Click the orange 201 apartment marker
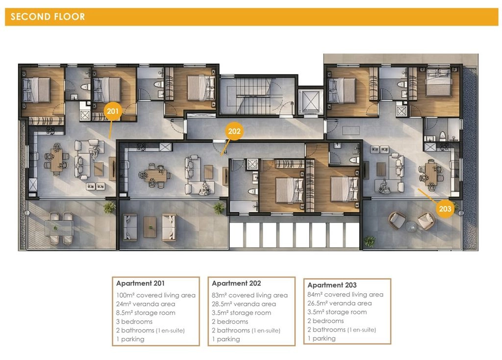click(x=113, y=111)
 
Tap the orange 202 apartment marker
click(x=234, y=131)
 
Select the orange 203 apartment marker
click(x=445, y=209)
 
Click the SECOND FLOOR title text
click(x=48, y=17)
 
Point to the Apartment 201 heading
click(x=140, y=283)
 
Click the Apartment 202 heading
click(x=236, y=283)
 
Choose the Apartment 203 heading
click(x=332, y=285)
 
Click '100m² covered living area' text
click(x=155, y=295)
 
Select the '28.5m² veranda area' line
click(x=244, y=304)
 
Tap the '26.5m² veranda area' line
click(x=340, y=303)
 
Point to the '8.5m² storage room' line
click(x=146, y=312)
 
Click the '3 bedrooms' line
click(x=134, y=321)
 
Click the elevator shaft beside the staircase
click(x=310, y=102)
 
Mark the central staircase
click(x=257, y=96)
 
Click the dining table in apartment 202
click(x=155, y=176)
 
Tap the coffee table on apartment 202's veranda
click(x=150, y=227)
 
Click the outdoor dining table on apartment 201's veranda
click(x=59, y=228)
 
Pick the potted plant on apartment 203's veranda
click(x=370, y=241)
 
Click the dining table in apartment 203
click(x=431, y=174)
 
